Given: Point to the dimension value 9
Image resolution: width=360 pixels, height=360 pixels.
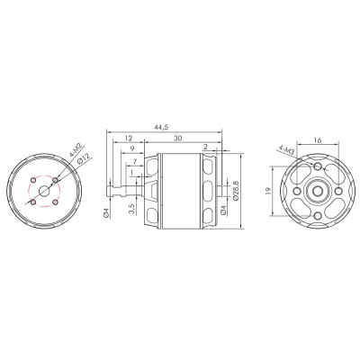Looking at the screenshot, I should point(131,150).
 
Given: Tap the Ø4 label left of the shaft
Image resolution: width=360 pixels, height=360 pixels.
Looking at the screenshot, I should point(106,213).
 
